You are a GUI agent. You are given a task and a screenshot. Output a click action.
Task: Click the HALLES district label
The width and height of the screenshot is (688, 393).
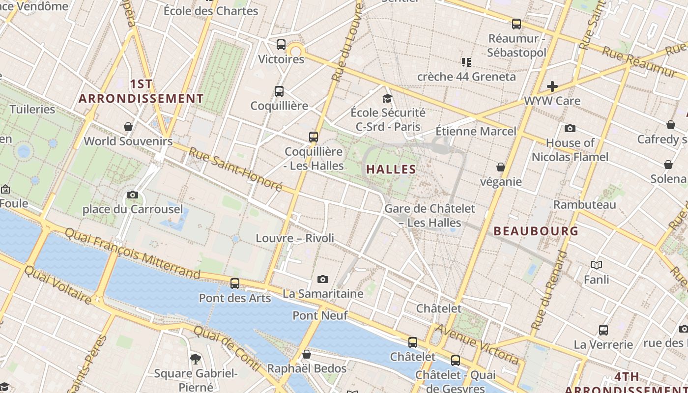pos(391,169)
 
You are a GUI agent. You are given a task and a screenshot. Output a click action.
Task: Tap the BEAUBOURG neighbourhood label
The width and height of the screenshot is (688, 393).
pos(536,231)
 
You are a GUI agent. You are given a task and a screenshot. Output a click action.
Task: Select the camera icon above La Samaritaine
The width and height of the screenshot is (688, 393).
pos(323,279)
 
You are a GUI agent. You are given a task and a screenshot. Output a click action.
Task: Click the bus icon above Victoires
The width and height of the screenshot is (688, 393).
pos(281,45)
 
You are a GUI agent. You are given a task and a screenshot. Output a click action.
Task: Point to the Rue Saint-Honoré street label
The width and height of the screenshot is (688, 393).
pos(235,169)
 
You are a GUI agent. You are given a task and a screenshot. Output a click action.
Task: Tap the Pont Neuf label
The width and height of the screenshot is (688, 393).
pos(320,315)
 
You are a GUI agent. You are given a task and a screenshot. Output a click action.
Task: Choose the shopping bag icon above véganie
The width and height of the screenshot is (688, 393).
pos(501,168)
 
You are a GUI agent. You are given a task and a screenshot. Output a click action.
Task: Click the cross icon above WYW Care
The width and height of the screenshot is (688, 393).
pos(552,87)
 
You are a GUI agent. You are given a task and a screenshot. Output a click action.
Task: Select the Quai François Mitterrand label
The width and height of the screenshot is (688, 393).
pos(133,253)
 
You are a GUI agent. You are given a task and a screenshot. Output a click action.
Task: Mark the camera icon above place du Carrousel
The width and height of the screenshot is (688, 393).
pos(132,195)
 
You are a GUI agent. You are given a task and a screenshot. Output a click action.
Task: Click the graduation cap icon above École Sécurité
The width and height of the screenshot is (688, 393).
pos(388,98)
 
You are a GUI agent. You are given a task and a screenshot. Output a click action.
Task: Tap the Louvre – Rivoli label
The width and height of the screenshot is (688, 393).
pos(295,238)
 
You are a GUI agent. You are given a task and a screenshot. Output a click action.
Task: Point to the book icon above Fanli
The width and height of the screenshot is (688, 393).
pos(597,265)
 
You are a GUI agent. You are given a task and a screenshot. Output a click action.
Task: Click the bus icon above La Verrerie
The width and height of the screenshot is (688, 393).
pos(603,330)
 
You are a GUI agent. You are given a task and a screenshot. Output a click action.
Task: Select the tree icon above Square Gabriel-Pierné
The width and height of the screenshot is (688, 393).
pos(196,359)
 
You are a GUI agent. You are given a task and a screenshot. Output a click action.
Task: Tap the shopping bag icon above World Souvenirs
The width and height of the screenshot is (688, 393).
pos(128,127)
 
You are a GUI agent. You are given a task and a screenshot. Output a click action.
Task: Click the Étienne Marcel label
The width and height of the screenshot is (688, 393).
pos(476,131)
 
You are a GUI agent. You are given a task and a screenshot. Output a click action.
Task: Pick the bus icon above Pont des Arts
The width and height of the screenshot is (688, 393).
pos(235,283)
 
